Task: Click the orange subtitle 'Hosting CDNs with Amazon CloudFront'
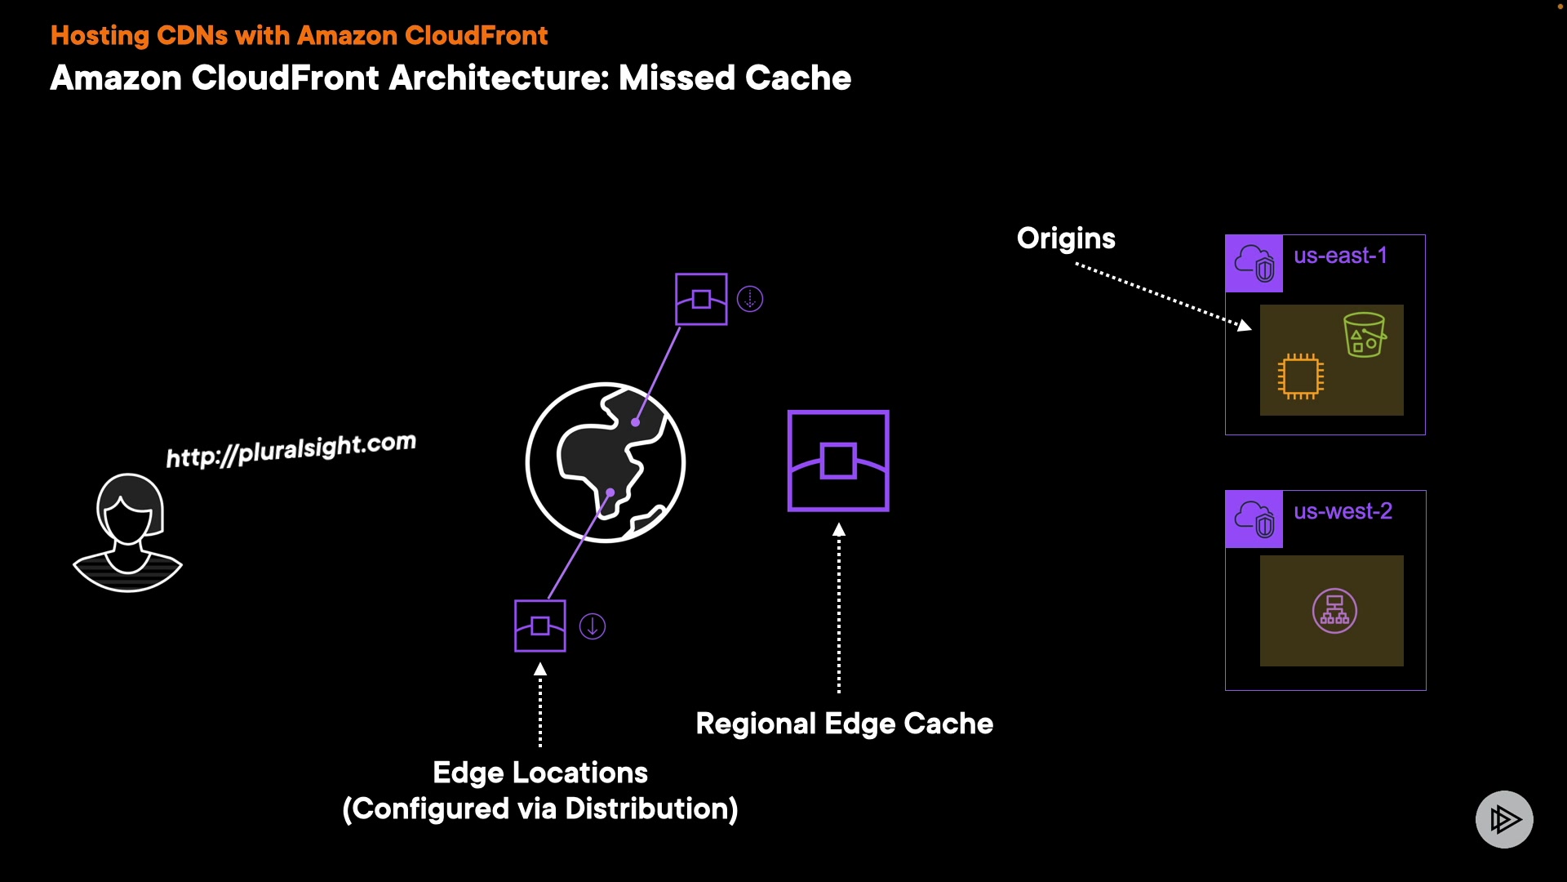[299, 36]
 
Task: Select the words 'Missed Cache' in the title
[735, 78]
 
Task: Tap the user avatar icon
[128, 532]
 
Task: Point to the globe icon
[606, 462]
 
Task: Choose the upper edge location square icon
[701, 299]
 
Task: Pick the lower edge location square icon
[540, 626]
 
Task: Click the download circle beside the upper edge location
[750, 299]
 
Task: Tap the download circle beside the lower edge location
[593, 626]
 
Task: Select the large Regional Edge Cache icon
[838, 461]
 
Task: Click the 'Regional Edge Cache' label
[845, 724]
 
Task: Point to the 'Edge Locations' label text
[540, 773]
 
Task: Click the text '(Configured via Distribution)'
[540, 808]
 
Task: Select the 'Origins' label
[1066, 238]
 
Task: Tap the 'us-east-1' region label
[1340, 256]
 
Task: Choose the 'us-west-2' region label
[1343, 511]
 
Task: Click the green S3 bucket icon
[1365, 335]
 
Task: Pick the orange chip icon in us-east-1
[1301, 376]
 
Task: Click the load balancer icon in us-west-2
[1334, 611]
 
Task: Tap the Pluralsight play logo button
[1504, 819]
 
